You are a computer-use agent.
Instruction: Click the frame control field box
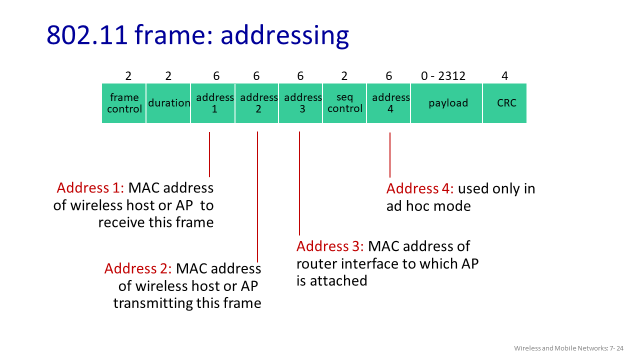click(123, 103)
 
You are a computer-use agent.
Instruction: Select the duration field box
click(168, 103)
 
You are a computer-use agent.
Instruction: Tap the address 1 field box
click(213, 103)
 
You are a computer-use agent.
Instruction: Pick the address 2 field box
click(258, 103)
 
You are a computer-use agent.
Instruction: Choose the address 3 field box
click(300, 103)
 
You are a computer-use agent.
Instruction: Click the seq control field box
click(344, 103)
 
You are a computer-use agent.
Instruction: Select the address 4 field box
click(389, 103)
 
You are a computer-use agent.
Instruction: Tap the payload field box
click(447, 103)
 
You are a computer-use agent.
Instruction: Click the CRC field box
click(505, 103)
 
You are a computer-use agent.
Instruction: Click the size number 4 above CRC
click(505, 76)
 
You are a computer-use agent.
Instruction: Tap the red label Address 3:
click(331, 246)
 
